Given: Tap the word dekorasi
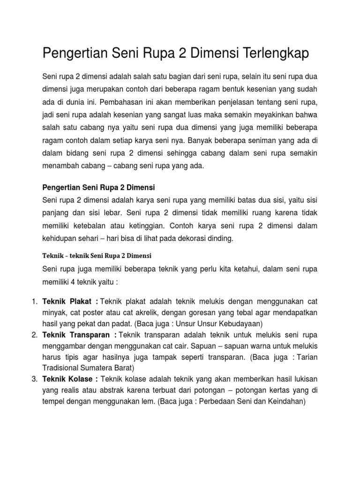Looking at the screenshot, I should click(x=186, y=239).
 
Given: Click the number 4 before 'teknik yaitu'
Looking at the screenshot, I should click(x=75, y=283).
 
